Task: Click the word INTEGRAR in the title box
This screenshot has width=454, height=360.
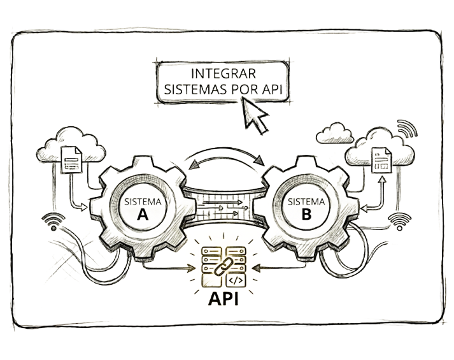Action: tap(223, 73)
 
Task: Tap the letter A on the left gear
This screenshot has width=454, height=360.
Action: tap(143, 215)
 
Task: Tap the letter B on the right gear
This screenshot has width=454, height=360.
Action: tap(306, 215)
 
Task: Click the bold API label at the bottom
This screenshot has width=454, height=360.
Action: tap(223, 298)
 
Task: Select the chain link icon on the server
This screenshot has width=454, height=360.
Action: tap(223, 266)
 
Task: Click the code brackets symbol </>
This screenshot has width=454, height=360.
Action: tap(236, 280)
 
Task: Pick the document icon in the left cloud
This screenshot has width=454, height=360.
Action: tap(71, 159)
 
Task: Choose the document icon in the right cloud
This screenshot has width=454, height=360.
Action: tap(381, 160)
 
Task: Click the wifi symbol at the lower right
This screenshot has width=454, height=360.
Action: tap(400, 222)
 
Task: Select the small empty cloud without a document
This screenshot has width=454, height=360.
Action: tap(335, 133)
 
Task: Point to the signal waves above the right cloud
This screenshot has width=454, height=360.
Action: tap(408, 128)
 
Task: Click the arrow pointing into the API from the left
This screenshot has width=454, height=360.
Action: tap(169, 268)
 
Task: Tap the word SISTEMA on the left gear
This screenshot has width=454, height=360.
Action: tap(143, 201)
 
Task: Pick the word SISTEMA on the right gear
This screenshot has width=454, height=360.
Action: tap(306, 201)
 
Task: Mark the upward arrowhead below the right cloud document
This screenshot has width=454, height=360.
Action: tap(382, 180)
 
